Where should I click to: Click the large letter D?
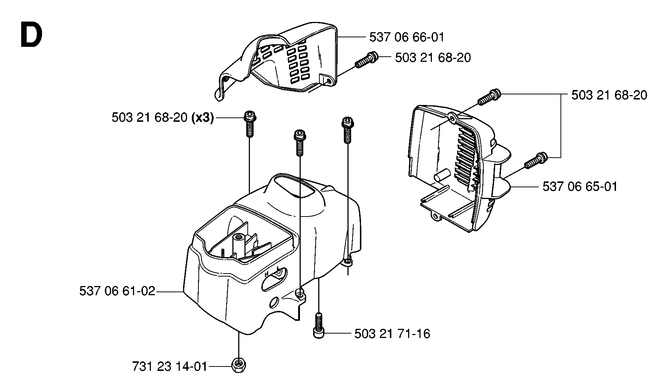(31, 35)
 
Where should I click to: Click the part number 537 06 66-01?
(407, 37)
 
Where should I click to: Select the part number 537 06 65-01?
(580, 187)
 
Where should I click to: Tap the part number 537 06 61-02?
(117, 292)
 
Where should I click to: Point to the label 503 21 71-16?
(392, 334)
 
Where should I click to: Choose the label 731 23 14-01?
(170, 366)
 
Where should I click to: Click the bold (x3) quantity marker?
(202, 118)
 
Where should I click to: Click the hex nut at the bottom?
(239, 365)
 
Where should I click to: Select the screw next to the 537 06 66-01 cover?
(366, 60)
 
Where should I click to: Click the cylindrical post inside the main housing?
(240, 242)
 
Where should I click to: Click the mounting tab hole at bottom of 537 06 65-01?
(435, 216)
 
